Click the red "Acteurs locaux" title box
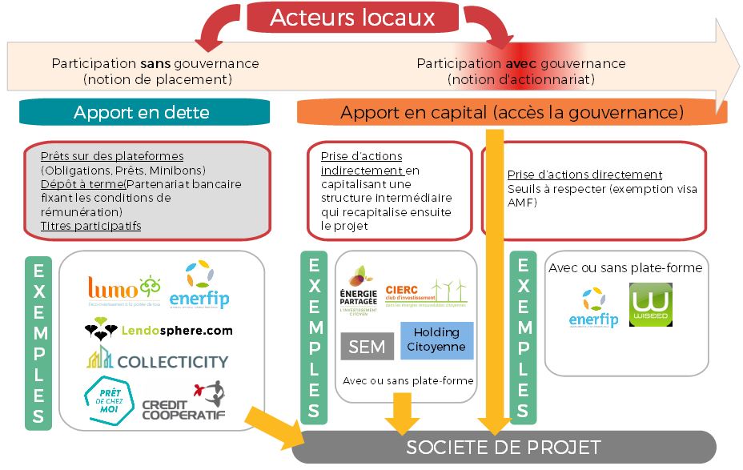click(x=352, y=18)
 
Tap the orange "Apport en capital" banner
click(x=512, y=113)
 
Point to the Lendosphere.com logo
click(x=159, y=329)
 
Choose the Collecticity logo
click(x=157, y=360)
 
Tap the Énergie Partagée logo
click(x=359, y=289)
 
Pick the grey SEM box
click(x=367, y=347)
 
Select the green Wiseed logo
click(x=650, y=304)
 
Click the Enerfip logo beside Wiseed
click(x=594, y=307)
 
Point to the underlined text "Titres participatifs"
click(x=90, y=226)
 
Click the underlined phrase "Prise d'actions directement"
click(x=584, y=175)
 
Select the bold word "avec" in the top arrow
click(x=520, y=63)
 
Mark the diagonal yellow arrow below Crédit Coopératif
click(x=272, y=424)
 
